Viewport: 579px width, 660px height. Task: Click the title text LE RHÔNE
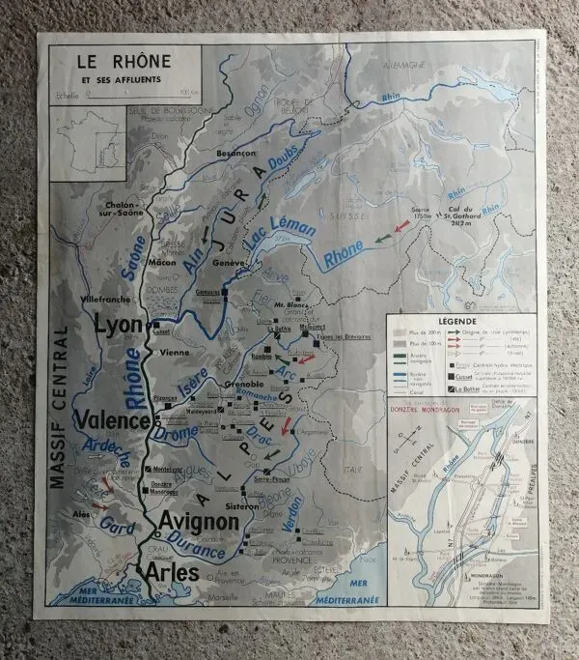(124, 61)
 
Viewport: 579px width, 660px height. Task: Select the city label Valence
(114, 421)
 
